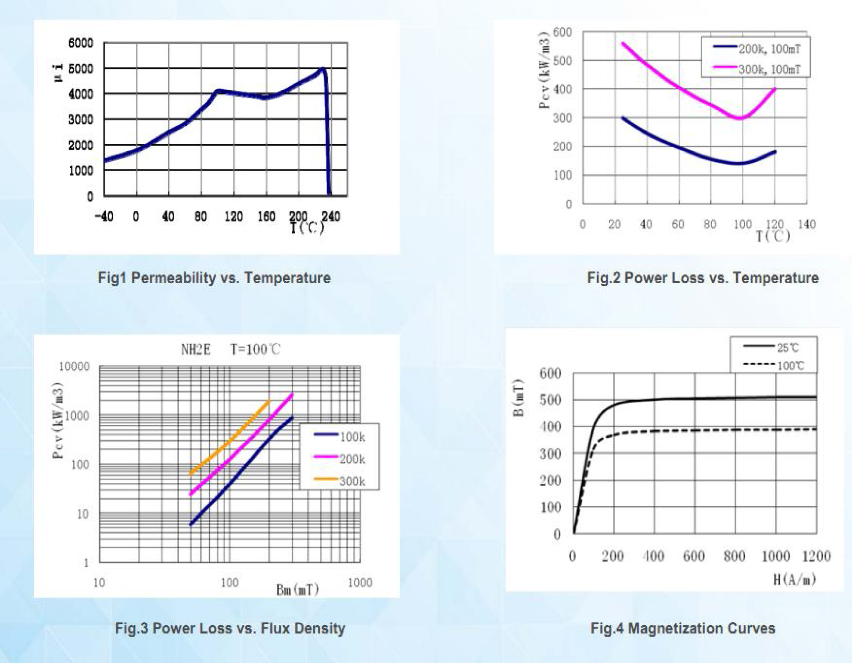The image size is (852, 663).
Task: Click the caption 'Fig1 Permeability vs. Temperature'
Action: pyautogui.click(x=214, y=278)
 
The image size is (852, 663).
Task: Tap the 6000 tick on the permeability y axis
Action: pyautogui.click(x=81, y=43)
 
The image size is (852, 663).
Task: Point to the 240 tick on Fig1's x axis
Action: pyautogui.click(x=331, y=216)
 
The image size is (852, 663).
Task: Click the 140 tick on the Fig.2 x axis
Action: pyautogui.click(x=807, y=224)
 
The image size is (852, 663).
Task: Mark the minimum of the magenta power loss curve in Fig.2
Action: pyautogui.click(x=739, y=118)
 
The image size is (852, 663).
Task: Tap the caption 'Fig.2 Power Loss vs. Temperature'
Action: pyautogui.click(x=703, y=278)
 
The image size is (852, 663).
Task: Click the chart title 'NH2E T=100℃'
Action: pyautogui.click(x=230, y=349)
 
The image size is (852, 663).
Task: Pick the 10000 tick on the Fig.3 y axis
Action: pyautogui.click(x=74, y=366)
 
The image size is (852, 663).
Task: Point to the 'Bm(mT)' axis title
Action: pyautogui.click(x=297, y=589)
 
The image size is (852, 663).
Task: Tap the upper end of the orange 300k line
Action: pyautogui.click(x=268, y=401)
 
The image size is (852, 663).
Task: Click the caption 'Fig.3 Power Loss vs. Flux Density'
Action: pyautogui.click(x=230, y=628)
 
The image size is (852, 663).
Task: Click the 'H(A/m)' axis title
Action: pyautogui.click(x=795, y=580)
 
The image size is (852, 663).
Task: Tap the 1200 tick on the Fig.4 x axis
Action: pyautogui.click(x=816, y=556)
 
